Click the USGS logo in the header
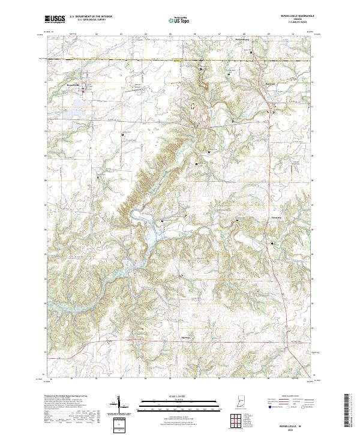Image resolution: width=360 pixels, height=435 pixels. click(x=55, y=19)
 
